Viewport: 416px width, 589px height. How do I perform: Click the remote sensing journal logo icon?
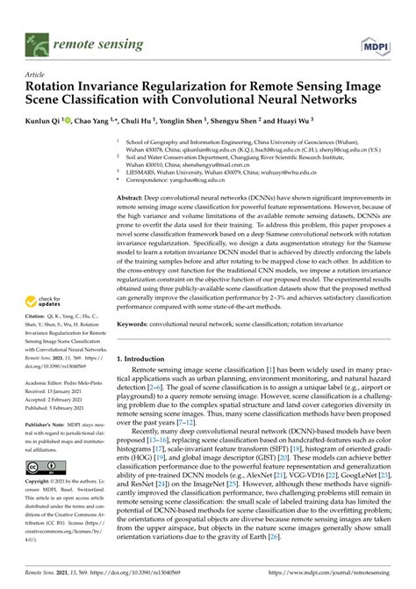click(38, 43)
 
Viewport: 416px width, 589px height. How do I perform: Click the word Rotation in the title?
click(55, 89)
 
